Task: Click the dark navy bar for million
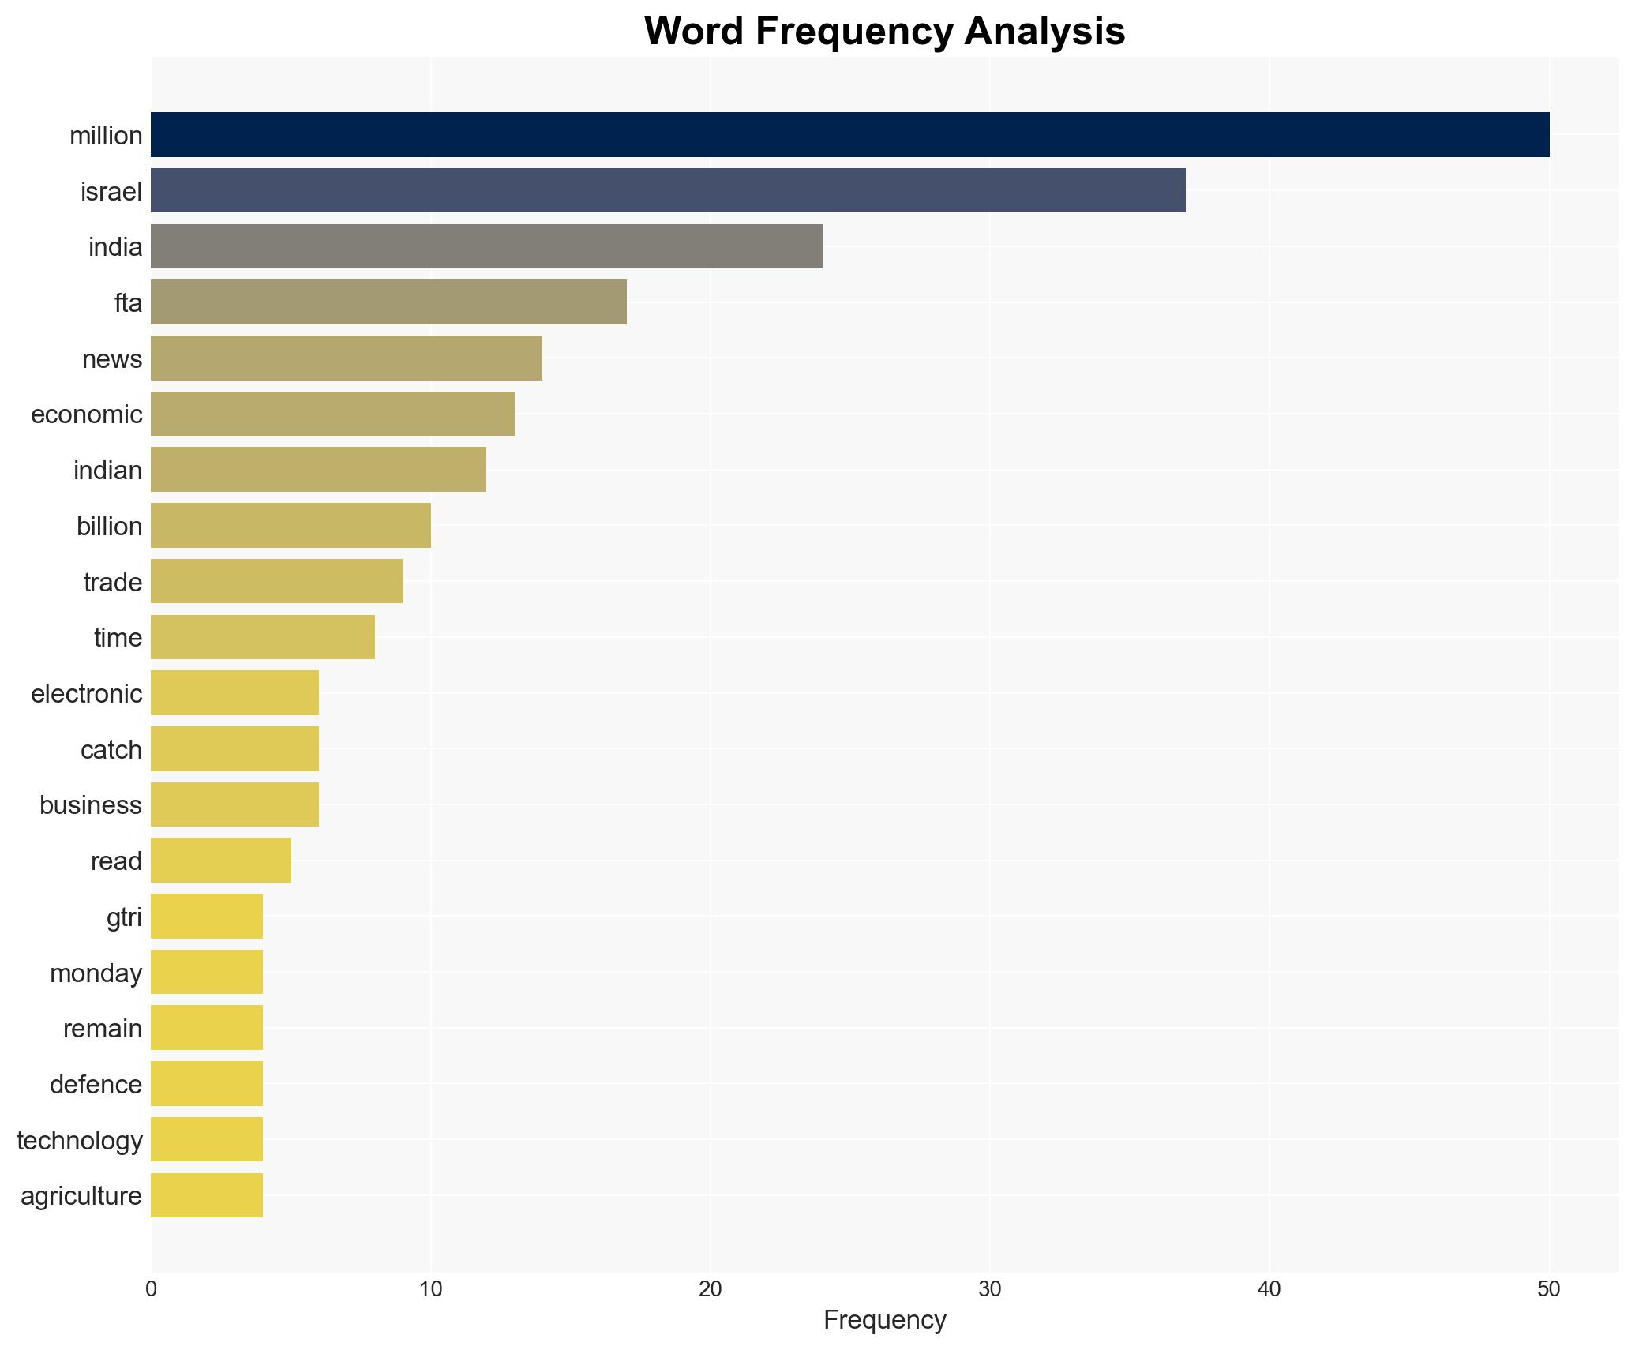point(849,135)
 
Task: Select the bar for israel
point(668,190)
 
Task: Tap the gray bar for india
point(486,246)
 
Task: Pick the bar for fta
point(388,302)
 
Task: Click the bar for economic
point(332,414)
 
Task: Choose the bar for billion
point(291,526)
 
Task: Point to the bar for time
point(263,637)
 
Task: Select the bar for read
point(220,861)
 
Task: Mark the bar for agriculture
point(207,1195)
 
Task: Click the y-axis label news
point(112,359)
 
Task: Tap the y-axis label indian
point(107,471)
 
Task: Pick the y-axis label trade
point(113,583)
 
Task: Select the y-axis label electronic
point(87,694)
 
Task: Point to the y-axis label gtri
point(124,917)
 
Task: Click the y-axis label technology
point(80,1141)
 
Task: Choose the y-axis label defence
point(96,1085)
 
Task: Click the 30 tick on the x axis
point(989,1289)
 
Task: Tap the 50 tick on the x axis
point(1548,1289)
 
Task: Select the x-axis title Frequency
point(884,1320)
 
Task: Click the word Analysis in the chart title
point(1044,32)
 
